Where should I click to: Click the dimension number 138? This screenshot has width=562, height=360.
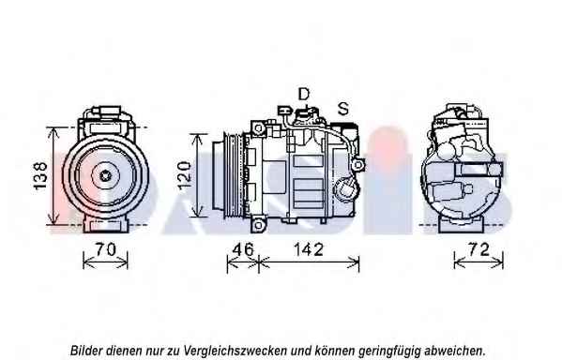(39, 175)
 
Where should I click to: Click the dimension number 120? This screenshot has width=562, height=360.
(184, 175)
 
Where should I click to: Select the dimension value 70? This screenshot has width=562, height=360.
(105, 249)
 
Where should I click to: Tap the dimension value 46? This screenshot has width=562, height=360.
(243, 249)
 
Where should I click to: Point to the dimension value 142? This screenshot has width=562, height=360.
(309, 249)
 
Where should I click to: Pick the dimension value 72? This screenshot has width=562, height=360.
(478, 249)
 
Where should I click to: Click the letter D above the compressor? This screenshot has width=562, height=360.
(304, 94)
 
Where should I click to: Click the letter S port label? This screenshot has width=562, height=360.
(343, 108)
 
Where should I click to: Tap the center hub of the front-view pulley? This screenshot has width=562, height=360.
(105, 175)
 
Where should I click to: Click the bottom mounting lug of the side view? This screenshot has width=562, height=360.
(258, 225)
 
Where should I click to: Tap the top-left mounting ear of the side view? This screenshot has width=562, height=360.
(258, 127)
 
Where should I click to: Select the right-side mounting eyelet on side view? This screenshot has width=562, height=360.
(357, 165)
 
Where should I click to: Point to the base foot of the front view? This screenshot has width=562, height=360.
(105, 225)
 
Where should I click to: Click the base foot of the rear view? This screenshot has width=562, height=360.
(462, 225)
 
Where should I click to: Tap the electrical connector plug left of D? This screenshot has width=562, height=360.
(285, 110)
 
